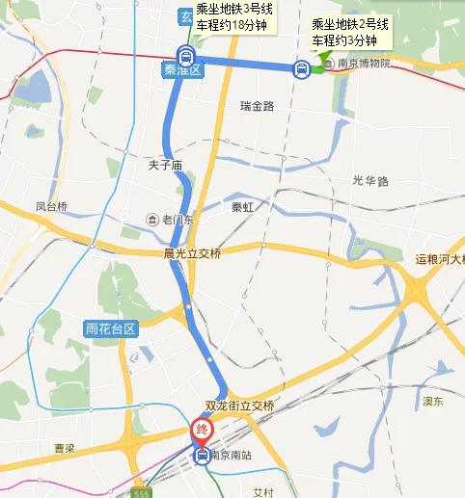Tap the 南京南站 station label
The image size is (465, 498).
tap(232, 456)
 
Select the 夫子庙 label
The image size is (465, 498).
tap(165, 165)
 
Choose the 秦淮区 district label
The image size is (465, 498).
tap(182, 70)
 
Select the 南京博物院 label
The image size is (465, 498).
tap(357, 64)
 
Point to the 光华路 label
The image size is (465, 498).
tap(369, 180)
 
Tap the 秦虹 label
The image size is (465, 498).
tap(243, 206)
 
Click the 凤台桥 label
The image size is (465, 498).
tap(52, 206)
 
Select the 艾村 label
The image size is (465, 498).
tap(263, 491)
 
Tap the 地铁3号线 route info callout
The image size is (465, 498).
tap(234, 16)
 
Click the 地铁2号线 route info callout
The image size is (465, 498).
tap(350, 31)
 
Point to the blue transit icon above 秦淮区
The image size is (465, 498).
tap(184, 54)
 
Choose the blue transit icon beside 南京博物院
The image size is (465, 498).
tap(302, 68)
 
